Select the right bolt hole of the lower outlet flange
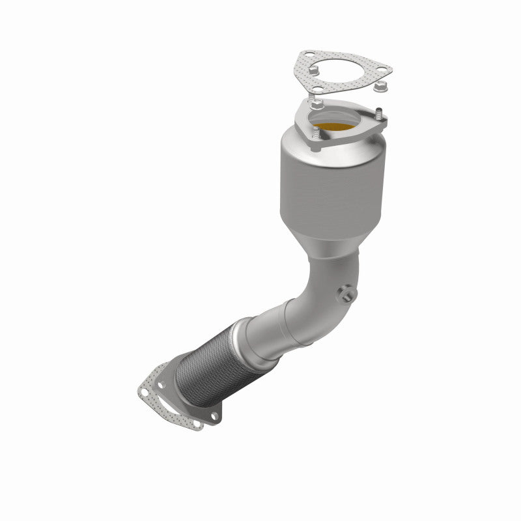pyautogui.click(x=213, y=415)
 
